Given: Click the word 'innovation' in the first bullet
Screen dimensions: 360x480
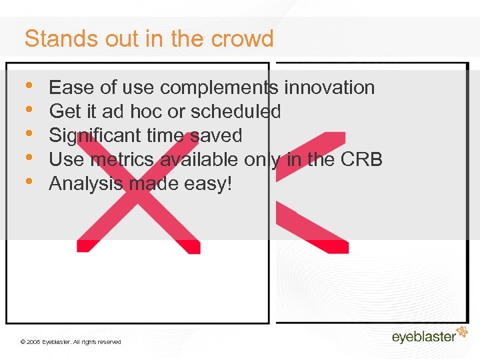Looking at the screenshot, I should tap(329, 87).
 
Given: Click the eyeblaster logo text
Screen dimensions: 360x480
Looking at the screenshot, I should tap(423, 337).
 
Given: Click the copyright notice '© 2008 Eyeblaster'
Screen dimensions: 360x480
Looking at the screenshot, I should tap(71, 341).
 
